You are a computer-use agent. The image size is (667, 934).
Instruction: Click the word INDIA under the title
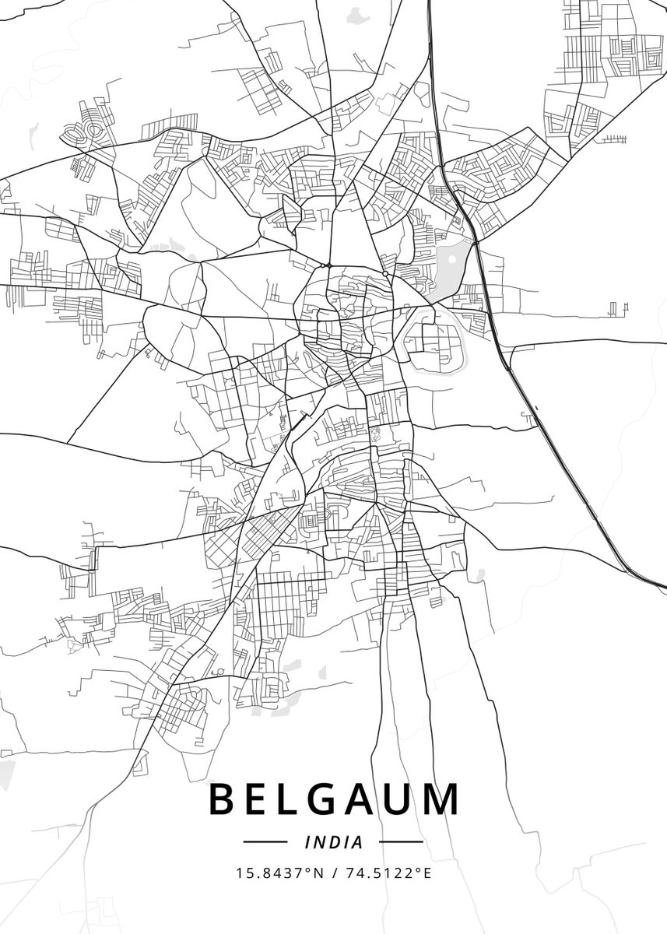click(334, 842)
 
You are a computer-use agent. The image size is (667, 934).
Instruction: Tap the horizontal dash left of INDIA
click(265, 842)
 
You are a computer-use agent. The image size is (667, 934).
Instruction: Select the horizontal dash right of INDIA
click(401, 842)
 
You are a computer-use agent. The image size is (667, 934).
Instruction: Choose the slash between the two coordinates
click(334, 873)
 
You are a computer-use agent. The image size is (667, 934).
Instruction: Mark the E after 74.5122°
click(427, 873)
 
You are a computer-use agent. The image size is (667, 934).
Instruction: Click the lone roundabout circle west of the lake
click(385, 274)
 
